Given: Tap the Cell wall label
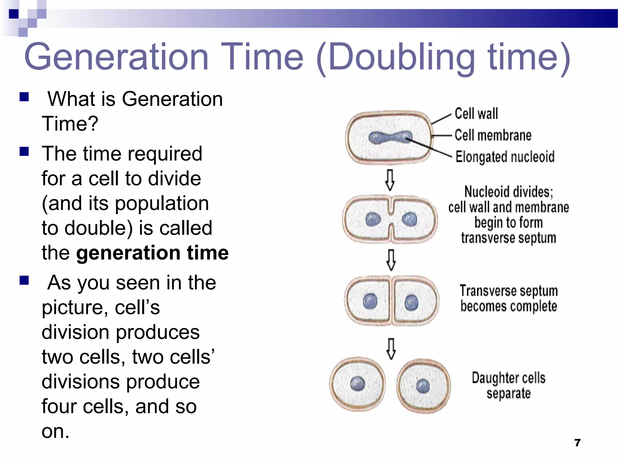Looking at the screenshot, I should (x=476, y=114).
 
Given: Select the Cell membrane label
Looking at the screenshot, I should (x=493, y=135).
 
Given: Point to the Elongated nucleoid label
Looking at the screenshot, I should (x=505, y=157).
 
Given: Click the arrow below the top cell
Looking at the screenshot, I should (x=390, y=180).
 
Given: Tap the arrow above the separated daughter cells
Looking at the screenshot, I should (x=391, y=349).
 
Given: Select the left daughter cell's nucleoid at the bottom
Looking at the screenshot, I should (x=358, y=384).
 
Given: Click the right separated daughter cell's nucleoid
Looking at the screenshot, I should (x=423, y=386).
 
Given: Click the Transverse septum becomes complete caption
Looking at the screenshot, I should (x=508, y=298).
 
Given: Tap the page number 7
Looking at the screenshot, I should (x=577, y=443).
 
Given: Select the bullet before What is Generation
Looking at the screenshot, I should (x=24, y=97).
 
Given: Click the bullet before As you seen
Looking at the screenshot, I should (x=24, y=280).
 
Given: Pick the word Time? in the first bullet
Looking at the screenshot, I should (x=70, y=124).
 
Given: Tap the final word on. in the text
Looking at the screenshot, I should (x=56, y=431).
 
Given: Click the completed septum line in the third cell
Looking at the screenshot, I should (x=391, y=301).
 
